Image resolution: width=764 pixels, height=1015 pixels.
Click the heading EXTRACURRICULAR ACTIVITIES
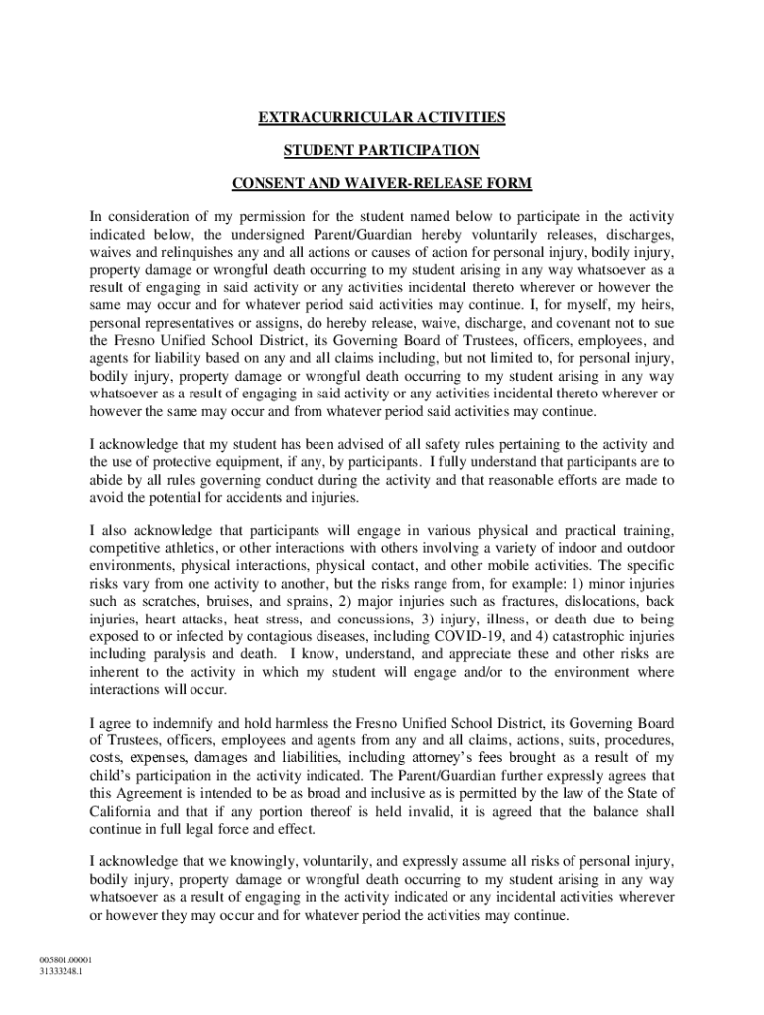382,118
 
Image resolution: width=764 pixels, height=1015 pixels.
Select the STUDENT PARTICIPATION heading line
382,151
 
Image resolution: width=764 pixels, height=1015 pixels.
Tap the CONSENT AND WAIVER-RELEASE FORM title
382,183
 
